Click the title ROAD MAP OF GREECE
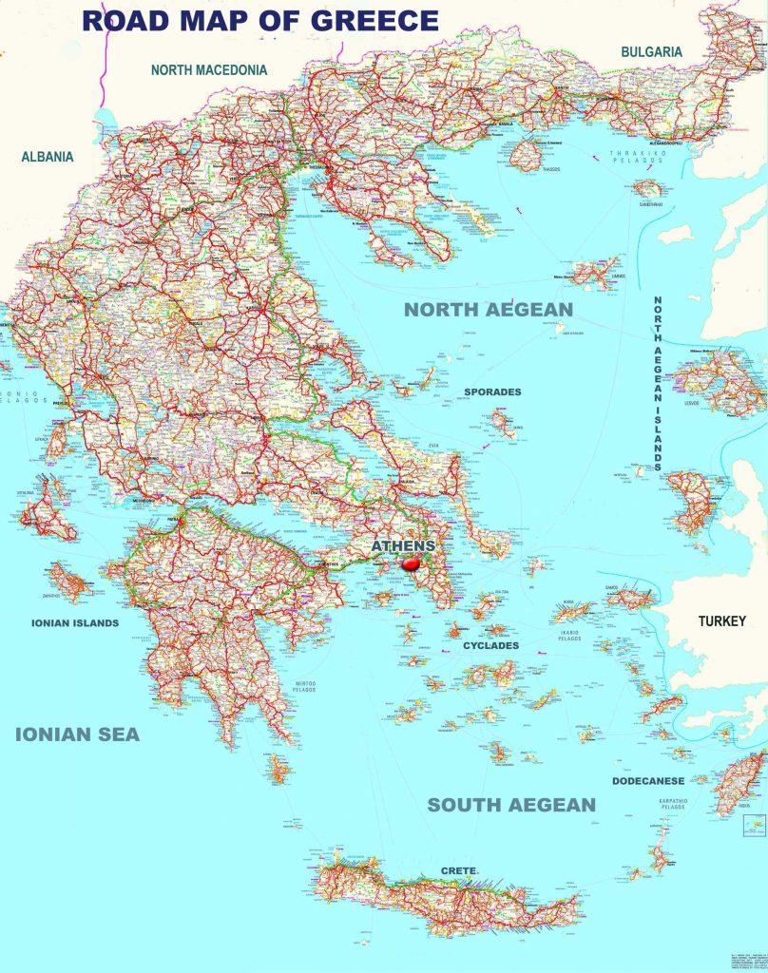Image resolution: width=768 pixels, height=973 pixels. (260, 21)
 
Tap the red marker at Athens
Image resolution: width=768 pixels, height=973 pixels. (412, 563)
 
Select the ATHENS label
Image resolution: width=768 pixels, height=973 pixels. (403, 546)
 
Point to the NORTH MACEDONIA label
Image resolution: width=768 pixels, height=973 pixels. (209, 69)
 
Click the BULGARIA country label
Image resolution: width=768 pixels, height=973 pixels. (651, 51)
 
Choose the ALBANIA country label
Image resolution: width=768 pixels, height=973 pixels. (48, 157)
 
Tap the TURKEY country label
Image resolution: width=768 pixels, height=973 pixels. (722, 621)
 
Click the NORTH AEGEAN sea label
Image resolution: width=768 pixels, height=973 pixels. (489, 310)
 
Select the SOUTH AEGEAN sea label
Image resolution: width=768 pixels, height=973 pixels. (511, 805)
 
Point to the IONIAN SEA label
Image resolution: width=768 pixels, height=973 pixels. (77, 734)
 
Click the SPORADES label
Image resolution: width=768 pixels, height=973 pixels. (492, 391)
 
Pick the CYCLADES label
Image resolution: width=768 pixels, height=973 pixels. (490, 646)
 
